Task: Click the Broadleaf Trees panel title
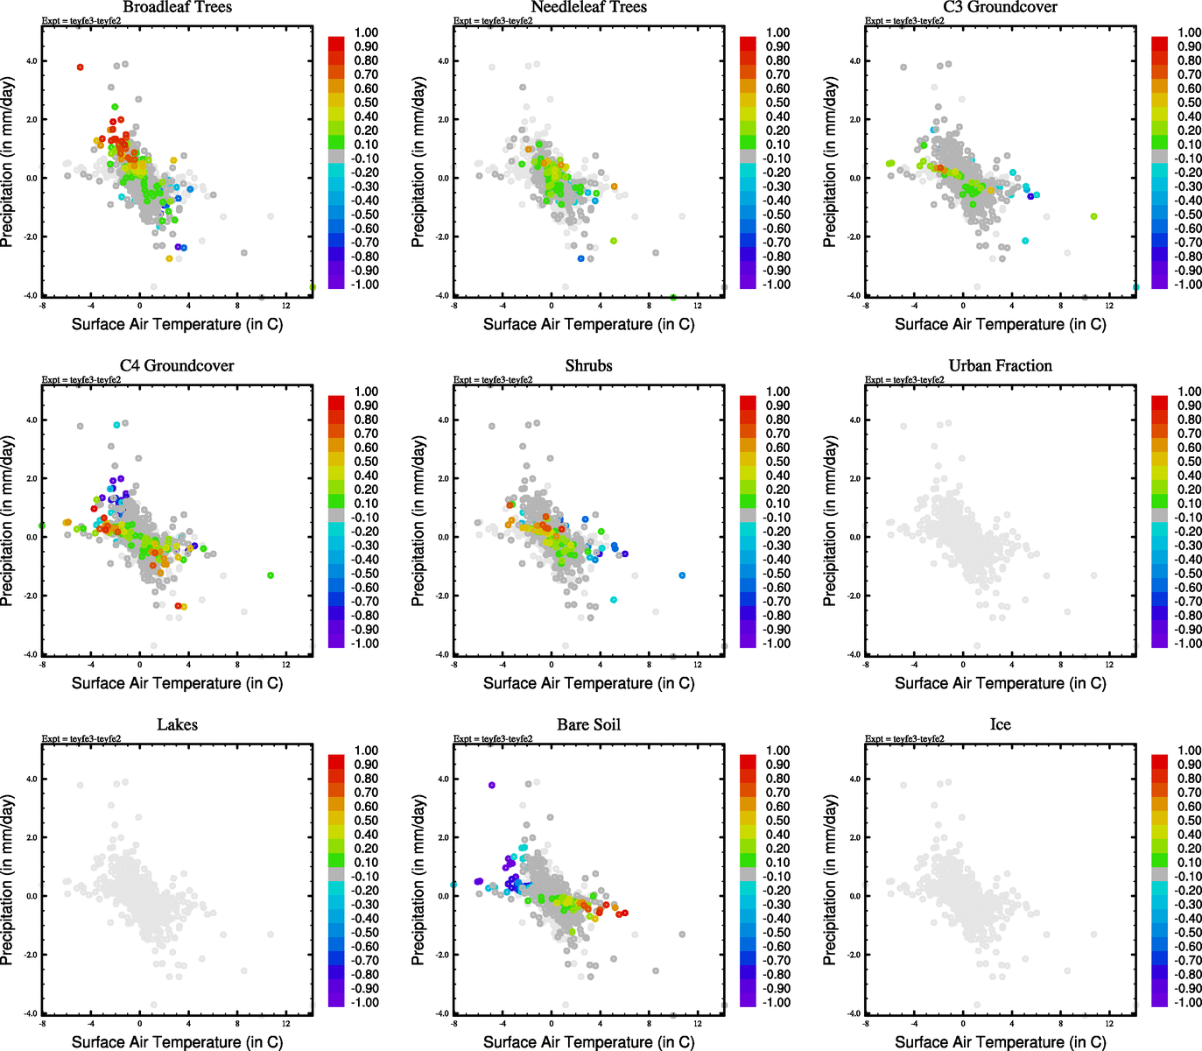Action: [x=177, y=8]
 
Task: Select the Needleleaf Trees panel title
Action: [x=588, y=8]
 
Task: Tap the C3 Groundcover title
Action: [x=1000, y=8]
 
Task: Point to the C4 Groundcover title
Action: [x=177, y=366]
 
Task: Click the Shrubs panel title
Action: [x=588, y=366]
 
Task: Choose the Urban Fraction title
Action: [x=1000, y=366]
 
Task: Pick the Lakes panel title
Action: [x=177, y=725]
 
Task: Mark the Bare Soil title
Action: [x=588, y=725]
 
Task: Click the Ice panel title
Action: [x=1000, y=725]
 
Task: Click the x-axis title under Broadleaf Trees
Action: [x=177, y=324]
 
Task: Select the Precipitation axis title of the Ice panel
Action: [x=830, y=879]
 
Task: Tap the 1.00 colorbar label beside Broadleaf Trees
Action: [x=366, y=32]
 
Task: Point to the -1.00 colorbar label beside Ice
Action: [x=1188, y=1002]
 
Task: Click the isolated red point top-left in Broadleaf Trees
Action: [x=80, y=67]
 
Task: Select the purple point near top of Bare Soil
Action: [x=492, y=786]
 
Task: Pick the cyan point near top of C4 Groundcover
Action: [x=116, y=425]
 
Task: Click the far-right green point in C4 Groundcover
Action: [x=271, y=575]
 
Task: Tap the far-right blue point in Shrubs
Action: [x=682, y=575]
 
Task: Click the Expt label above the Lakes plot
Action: [x=81, y=739]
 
